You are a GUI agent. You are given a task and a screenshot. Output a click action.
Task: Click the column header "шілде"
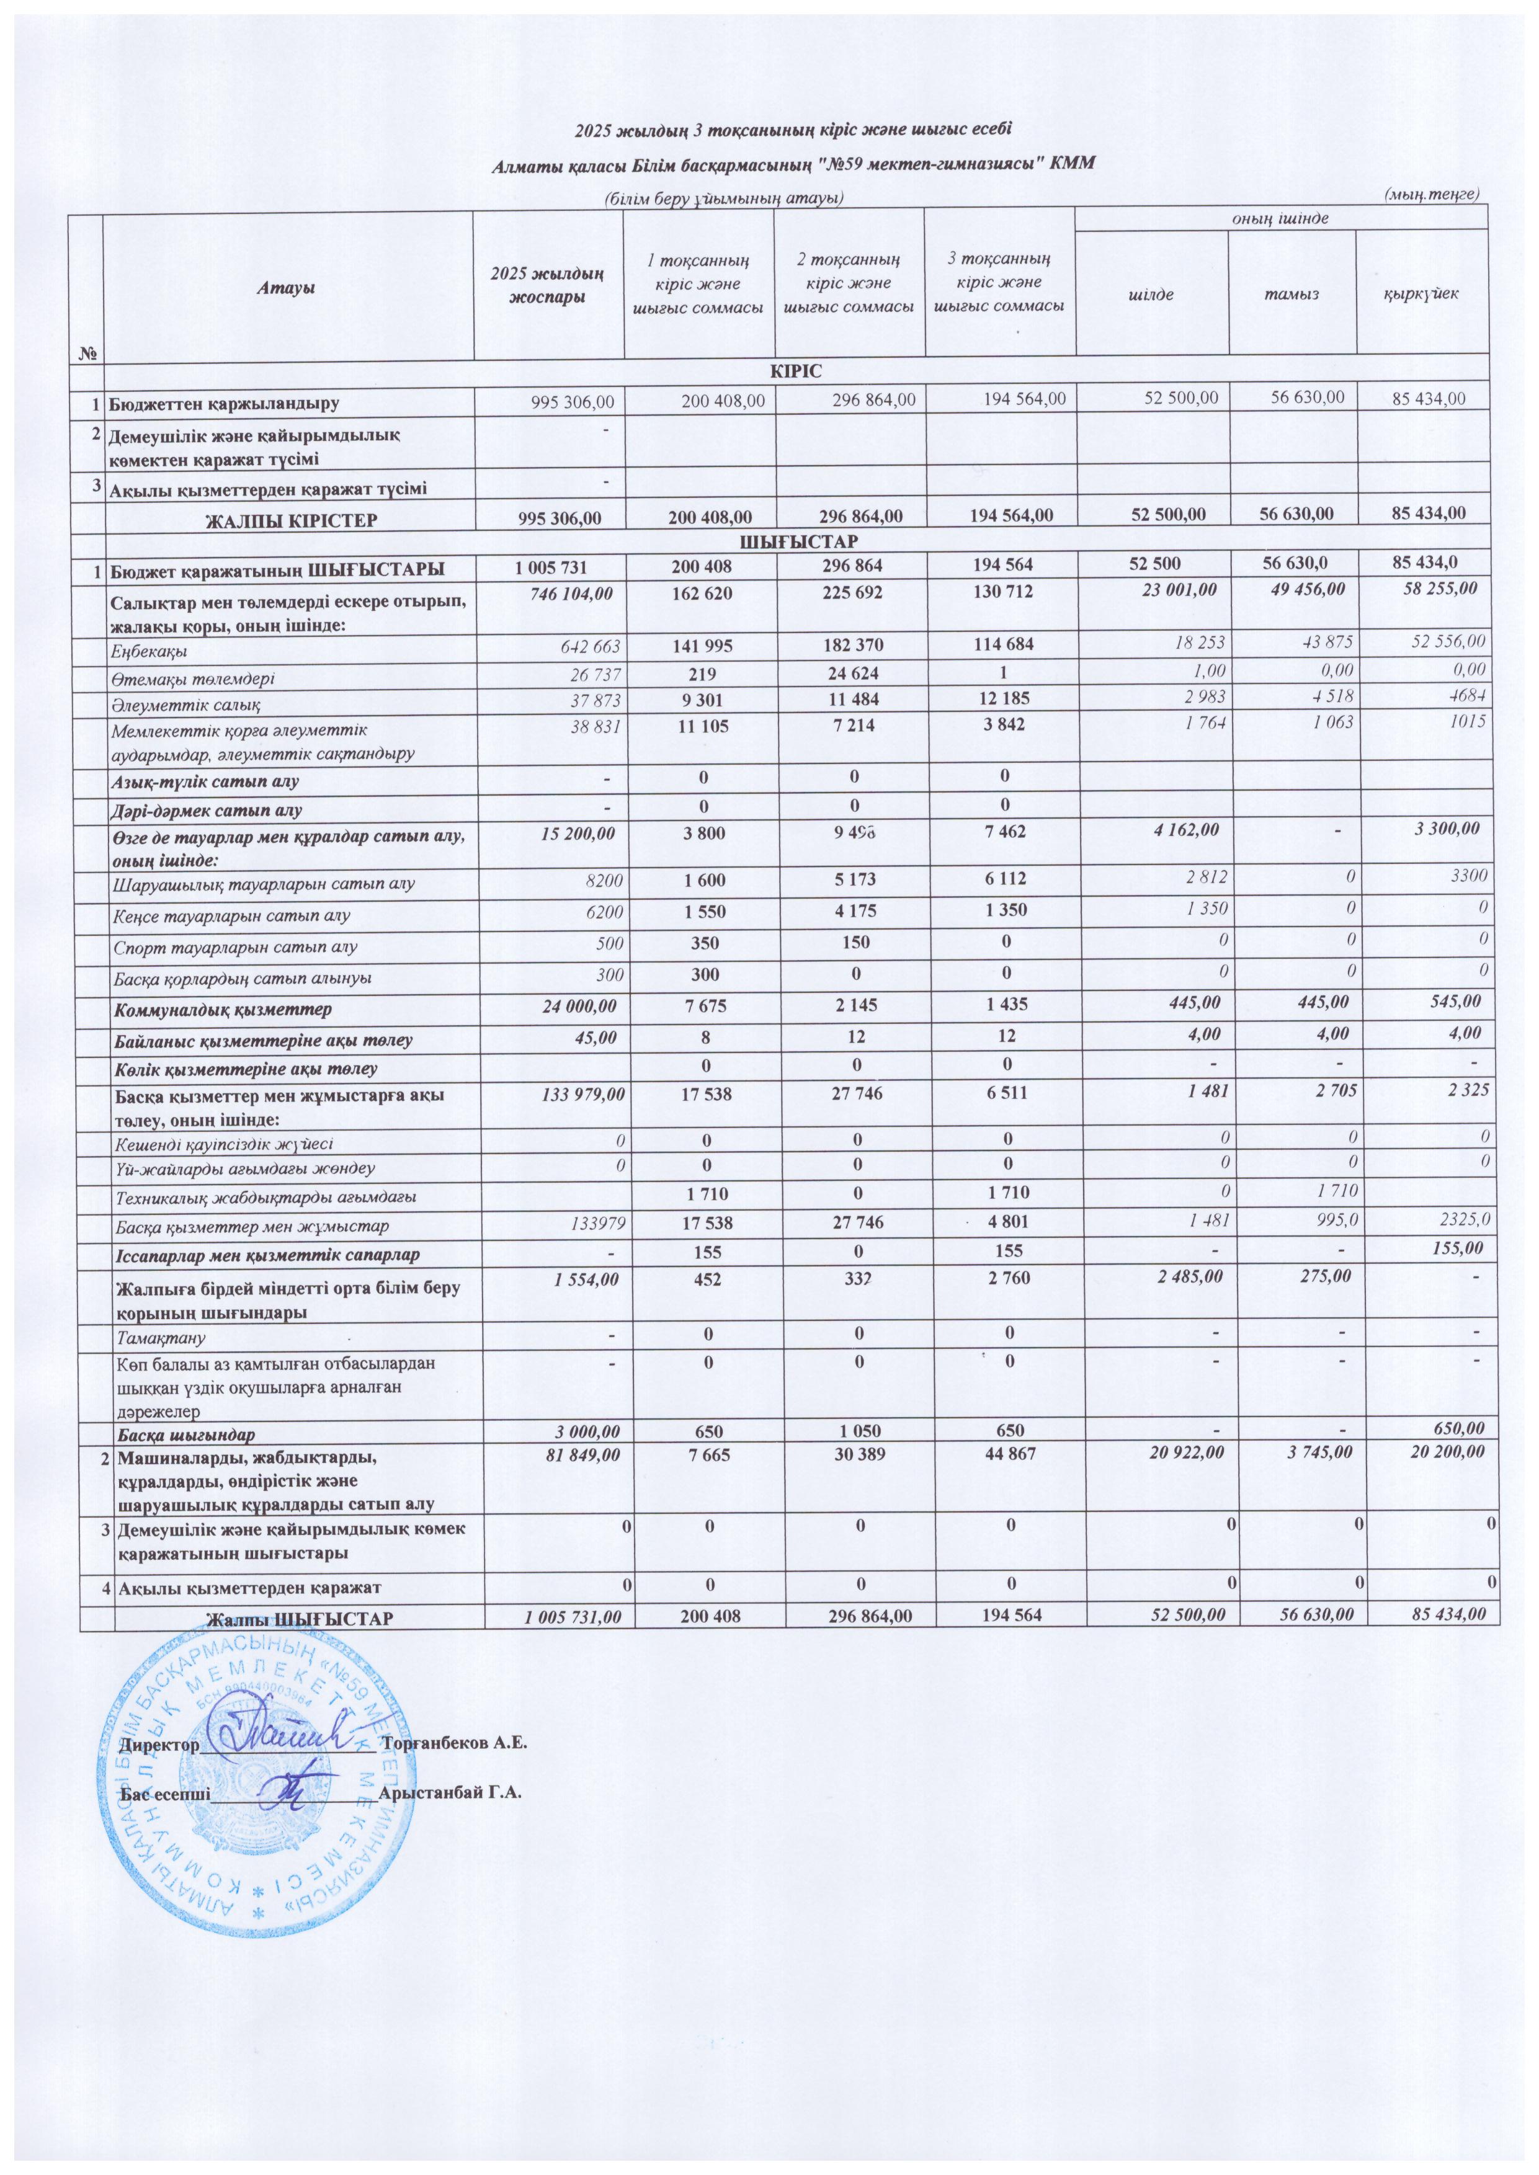click(1151, 294)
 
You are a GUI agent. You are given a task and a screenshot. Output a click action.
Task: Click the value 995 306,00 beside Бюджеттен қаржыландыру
click(564, 402)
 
